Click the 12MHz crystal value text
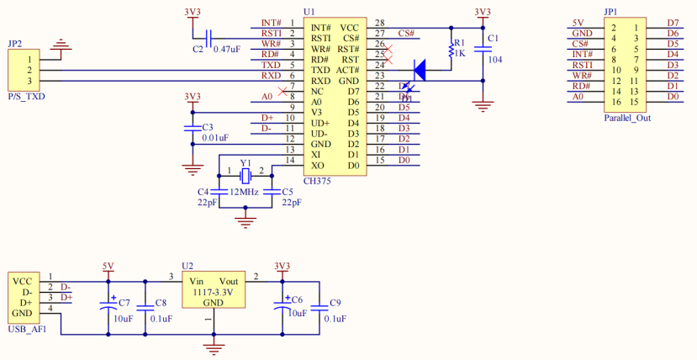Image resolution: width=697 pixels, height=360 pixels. pyautogui.click(x=246, y=192)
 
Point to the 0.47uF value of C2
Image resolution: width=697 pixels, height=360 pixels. pyautogui.click(x=227, y=50)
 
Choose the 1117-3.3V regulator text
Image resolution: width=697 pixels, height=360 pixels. pyautogui.click(x=213, y=292)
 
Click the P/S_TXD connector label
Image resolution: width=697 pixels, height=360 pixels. pyautogui.click(x=26, y=98)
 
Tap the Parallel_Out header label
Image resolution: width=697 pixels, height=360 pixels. pyautogui.click(x=626, y=118)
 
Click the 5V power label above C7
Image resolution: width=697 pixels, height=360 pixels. pyautogui.click(x=108, y=267)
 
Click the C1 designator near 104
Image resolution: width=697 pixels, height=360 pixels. pyautogui.click(x=493, y=39)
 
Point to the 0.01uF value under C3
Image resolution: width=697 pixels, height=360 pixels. pyautogui.click(x=214, y=138)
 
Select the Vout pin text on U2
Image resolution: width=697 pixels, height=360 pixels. pyautogui.click(x=228, y=281)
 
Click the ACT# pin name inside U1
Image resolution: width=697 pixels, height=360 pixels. pyautogui.click(x=348, y=70)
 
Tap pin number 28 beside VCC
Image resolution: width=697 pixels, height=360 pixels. pyautogui.click(x=380, y=23)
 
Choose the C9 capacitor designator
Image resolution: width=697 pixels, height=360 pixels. pyautogui.click(x=335, y=302)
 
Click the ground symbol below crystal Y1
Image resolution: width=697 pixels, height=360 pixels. pyautogui.click(x=246, y=221)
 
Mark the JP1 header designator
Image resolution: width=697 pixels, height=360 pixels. pyautogui.click(x=610, y=12)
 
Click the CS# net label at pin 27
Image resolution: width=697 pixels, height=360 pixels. pyautogui.click(x=407, y=34)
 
